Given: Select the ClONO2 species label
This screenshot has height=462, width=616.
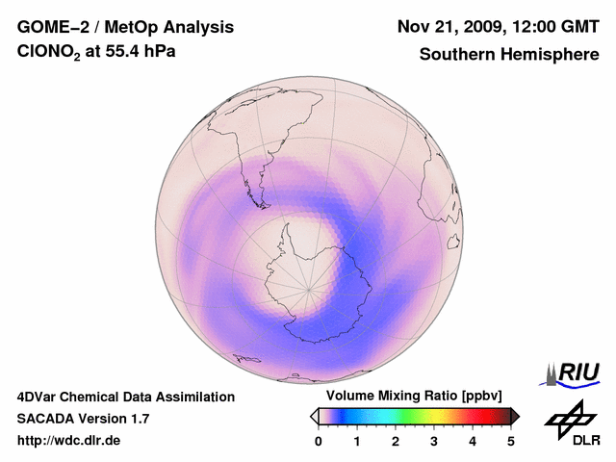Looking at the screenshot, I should (50, 55).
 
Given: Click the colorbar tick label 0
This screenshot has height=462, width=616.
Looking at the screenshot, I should (319, 441).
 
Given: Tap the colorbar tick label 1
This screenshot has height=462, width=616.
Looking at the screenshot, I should (357, 441).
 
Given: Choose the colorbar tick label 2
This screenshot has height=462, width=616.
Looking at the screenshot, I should (396, 441).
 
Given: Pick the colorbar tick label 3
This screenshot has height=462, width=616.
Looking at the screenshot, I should (434, 441).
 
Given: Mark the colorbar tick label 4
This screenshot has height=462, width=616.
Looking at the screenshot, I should (473, 441).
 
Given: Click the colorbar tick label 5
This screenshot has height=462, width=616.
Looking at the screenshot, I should (511, 441).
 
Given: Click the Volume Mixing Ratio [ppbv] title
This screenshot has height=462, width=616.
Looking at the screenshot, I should (410, 397).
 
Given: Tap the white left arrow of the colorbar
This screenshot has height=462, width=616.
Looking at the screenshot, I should (314, 416).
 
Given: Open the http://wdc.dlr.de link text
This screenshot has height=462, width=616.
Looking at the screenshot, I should (69, 441).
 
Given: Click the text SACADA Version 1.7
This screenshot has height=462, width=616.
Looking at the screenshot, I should (83, 419).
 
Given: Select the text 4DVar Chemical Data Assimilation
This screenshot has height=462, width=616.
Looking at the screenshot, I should (125, 397).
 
